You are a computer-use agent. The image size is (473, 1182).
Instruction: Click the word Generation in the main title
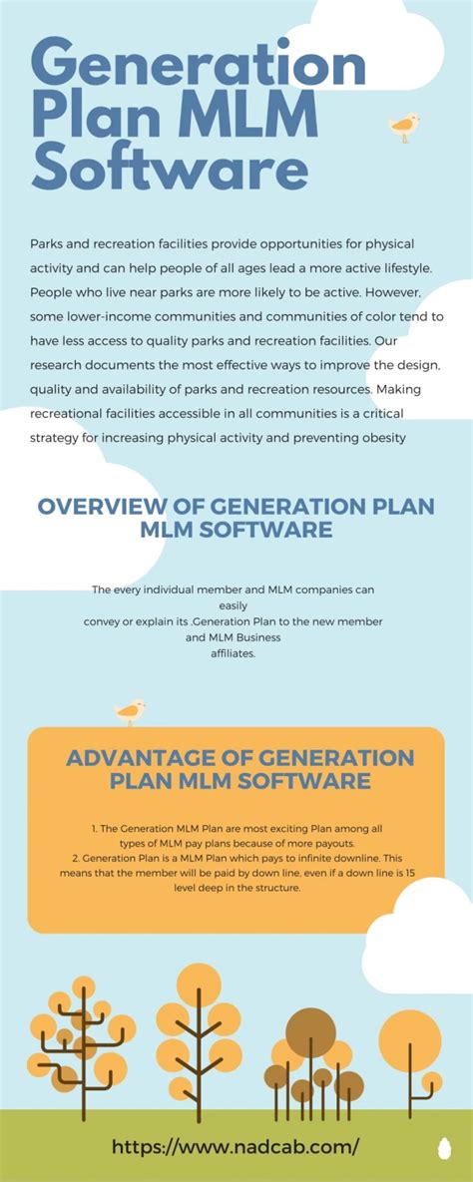click(200, 65)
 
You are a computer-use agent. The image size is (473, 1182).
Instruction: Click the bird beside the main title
click(404, 126)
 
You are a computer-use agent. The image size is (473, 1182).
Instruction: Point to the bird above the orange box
click(130, 711)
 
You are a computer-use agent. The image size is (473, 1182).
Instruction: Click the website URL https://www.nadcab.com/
click(235, 1147)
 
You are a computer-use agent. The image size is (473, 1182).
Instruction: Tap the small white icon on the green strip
click(444, 1149)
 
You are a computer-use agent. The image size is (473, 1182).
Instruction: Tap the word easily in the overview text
click(234, 604)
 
